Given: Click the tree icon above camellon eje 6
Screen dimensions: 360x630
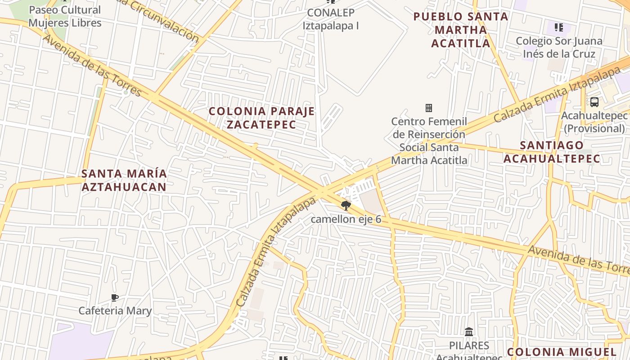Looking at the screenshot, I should pyautogui.click(x=346, y=206).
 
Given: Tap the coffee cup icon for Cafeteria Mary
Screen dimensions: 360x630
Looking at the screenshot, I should pyautogui.click(x=115, y=297).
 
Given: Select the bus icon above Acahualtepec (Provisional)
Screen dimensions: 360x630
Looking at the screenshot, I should pyautogui.click(x=594, y=102).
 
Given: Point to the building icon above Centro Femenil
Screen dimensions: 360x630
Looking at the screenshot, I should pyautogui.click(x=428, y=108).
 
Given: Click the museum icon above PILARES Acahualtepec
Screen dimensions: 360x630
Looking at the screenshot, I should pyautogui.click(x=469, y=332).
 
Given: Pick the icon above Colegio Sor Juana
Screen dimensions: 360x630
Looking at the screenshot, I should pyautogui.click(x=559, y=28).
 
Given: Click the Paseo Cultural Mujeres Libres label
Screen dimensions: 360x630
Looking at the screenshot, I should pyautogui.click(x=65, y=16).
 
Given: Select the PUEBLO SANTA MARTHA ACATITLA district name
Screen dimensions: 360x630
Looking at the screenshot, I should pyautogui.click(x=461, y=30).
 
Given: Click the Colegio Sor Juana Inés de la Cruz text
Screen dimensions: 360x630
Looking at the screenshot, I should pyautogui.click(x=559, y=47).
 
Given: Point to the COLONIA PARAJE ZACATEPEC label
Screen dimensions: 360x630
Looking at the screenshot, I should pyautogui.click(x=261, y=117).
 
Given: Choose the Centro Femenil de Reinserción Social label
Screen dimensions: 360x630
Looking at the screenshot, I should pyautogui.click(x=429, y=140).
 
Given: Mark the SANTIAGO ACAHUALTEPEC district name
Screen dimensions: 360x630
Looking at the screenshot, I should pyautogui.click(x=552, y=152).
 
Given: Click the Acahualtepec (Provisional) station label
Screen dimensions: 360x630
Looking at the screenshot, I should pyautogui.click(x=594, y=122).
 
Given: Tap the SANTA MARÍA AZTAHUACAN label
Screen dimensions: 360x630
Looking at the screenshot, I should pyautogui.click(x=124, y=180).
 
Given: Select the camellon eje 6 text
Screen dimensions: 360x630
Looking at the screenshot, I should pyautogui.click(x=346, y=220).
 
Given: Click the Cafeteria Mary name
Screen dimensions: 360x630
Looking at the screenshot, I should pyautogui.click(x=115, y=310).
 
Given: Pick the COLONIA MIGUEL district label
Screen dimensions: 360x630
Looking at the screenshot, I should pyautogui.click(x=562, y=352).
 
